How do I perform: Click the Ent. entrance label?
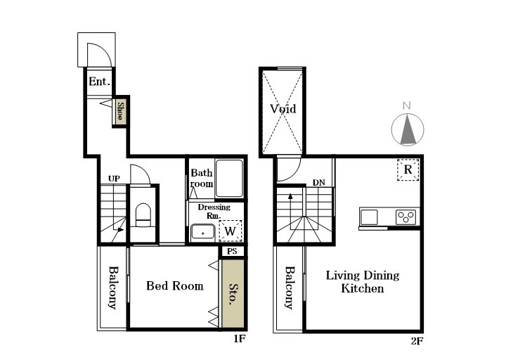point(99,82)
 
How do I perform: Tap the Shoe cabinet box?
point(120,111)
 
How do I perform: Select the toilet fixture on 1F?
point(143,215)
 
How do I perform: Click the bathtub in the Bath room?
point(229,178)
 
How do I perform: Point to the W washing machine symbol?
point(231,231)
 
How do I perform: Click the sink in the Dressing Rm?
point(202,233)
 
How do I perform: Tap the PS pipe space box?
point(233,251)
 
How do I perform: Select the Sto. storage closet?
point(233,293)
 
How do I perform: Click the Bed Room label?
point(174,285)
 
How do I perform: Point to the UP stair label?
point(114,179)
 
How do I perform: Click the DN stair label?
point(319,183)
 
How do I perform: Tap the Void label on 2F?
point(283,109)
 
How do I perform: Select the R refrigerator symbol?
point(408,169)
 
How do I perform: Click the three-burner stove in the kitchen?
point(406,217)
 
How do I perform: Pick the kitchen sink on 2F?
point(369,217)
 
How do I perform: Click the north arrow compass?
point(407,127)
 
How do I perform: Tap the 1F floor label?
point(240,339)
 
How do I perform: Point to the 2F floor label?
point(417,341)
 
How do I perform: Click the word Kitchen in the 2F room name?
point(363,288)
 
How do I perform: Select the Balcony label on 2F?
point(290,288)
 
